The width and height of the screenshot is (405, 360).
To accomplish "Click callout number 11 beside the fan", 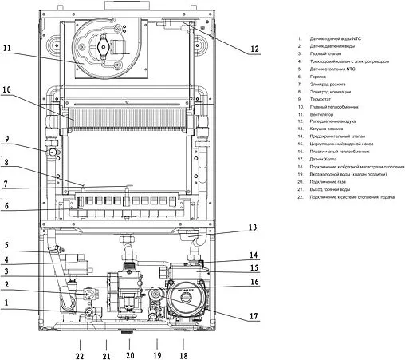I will coord(7,49).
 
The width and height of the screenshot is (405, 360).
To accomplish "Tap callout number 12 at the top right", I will coord(254,49).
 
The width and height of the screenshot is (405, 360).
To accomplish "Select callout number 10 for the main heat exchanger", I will coord(7,90).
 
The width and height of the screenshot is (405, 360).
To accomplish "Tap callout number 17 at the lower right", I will coord(254,317).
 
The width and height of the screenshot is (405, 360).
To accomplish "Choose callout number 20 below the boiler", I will coord(131,355).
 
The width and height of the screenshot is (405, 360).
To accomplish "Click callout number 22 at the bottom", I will coord(79,355).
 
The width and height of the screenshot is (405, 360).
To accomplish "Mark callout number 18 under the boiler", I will coord(183,355).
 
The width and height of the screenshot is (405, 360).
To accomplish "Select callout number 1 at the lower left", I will coord(6,303).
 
